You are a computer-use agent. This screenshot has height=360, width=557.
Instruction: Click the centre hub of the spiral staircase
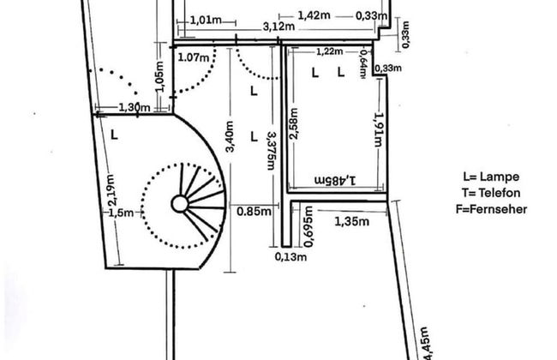[x=180, y=204]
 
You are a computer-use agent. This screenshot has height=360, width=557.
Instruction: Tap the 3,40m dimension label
[x=230, y=136]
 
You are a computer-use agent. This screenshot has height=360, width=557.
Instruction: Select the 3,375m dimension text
[x=272, y=151]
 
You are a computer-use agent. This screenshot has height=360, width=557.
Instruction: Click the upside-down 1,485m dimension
[x=335, y=180]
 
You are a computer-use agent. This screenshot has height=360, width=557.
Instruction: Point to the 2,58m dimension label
[x=293, y=123]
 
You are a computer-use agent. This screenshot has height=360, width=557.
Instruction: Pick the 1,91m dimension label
[x=379, y=129]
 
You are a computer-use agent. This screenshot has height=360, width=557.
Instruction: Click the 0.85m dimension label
[x=254, y=212]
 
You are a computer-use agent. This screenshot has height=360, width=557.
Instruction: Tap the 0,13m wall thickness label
[x=291, y=256]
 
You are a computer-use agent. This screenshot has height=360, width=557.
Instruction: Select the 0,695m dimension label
[x=308, y=226]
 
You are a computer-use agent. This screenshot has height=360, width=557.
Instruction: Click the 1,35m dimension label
[x=351, y=222]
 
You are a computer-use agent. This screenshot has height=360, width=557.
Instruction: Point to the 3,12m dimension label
[x=278, y=27]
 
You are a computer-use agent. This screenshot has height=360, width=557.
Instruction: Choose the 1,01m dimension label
[x=206, y=20]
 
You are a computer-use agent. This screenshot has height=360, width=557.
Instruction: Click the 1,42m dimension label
[x=314, y=15]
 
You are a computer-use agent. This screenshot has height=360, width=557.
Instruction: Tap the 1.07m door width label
[x=194, y=57]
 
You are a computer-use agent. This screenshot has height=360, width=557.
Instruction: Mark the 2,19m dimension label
[x=111, y=189]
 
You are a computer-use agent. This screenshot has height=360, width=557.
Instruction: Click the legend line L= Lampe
[x=491, y=177]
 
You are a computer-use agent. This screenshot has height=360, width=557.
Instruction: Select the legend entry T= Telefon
[x=491, y=193]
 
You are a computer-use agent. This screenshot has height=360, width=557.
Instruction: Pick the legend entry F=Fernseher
[x=491, y=209]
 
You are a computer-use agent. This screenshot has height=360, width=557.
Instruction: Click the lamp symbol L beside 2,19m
[x=114, y=135]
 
